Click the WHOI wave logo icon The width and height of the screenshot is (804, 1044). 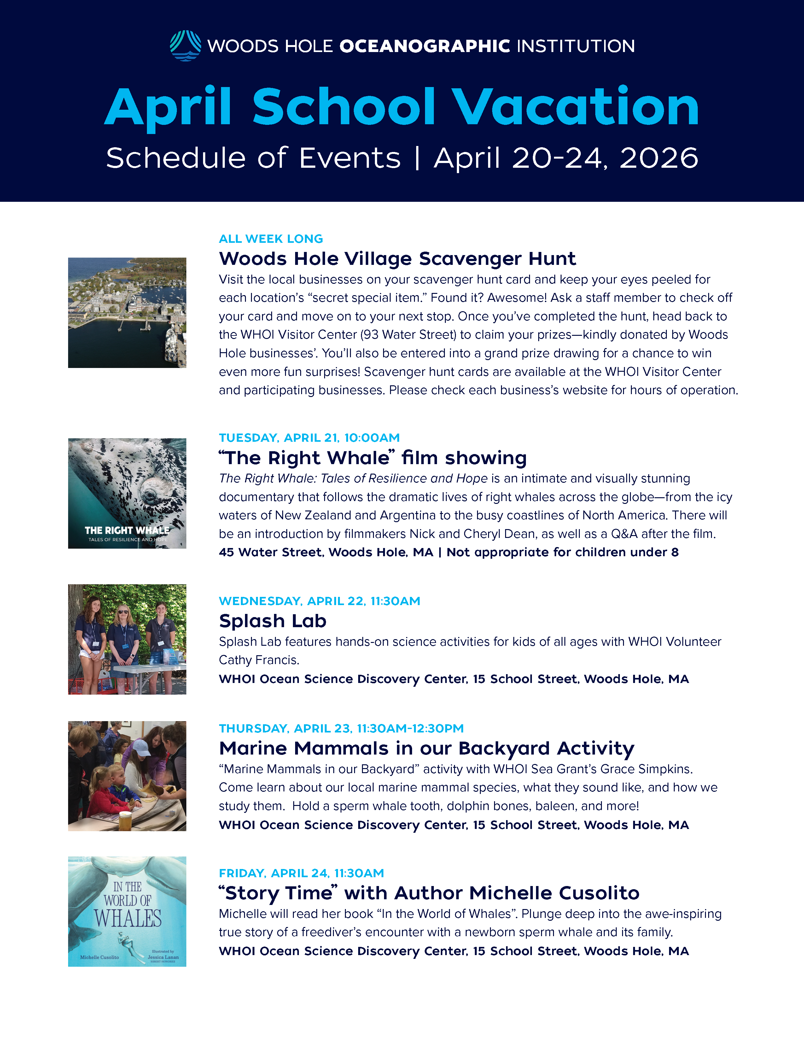click(185, 46)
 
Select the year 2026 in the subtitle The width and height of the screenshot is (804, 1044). click(659, 158)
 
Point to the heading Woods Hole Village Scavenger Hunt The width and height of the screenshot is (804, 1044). click(397, 259)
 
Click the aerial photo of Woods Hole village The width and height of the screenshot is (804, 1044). click(127, 312)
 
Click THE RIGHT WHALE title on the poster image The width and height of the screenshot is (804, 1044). click(127, 530)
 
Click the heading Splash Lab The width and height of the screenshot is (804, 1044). click(272, 621)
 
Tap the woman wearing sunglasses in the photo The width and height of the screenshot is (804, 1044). click(123, 636)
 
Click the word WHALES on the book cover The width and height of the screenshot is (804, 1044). click(128, 919)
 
